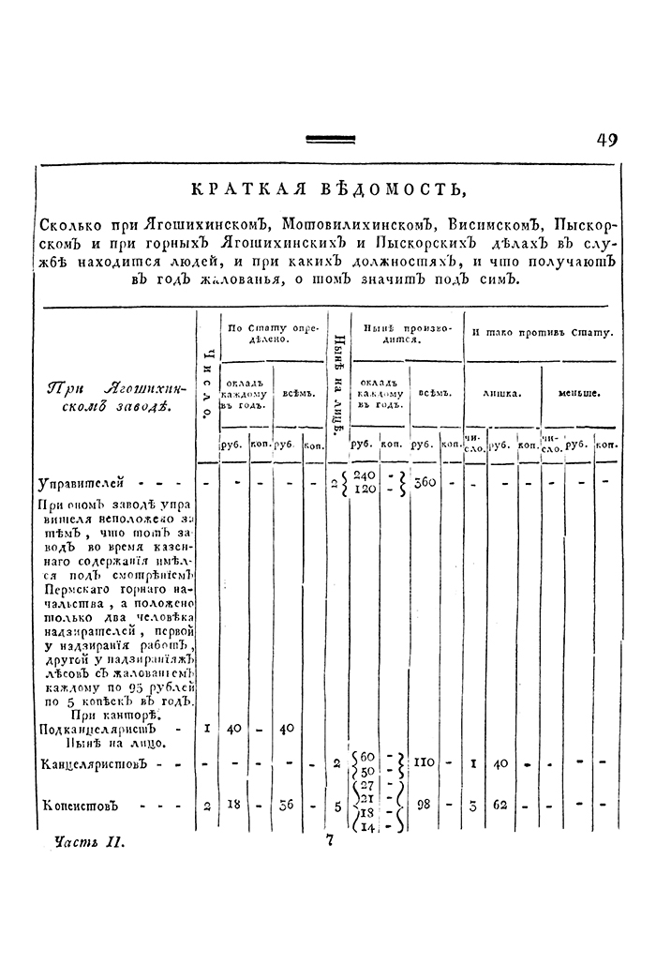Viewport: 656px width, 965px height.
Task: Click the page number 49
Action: point(606,140)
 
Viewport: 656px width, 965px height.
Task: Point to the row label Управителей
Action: point(81,485)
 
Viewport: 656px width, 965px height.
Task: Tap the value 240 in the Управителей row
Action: point(366,475)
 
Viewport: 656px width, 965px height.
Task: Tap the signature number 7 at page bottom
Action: point(330,841)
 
